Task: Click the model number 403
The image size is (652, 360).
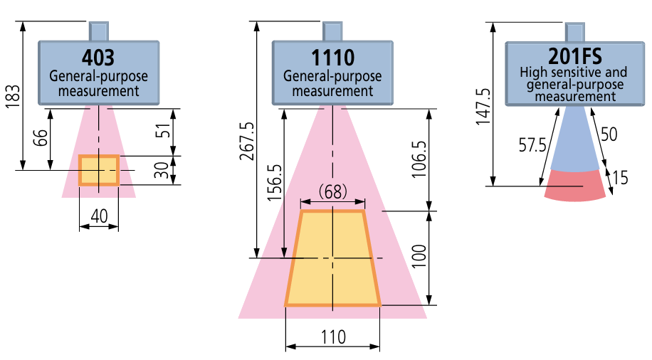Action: coord(98,57)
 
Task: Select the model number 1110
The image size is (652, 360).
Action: coord(332,57)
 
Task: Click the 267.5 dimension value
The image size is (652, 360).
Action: coord(245,140)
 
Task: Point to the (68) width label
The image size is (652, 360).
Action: coord(332,191)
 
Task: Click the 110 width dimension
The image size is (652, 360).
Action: coord(332,337)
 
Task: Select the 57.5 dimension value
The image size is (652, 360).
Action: coord(532,145)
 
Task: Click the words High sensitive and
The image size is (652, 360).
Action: coord(573,73)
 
